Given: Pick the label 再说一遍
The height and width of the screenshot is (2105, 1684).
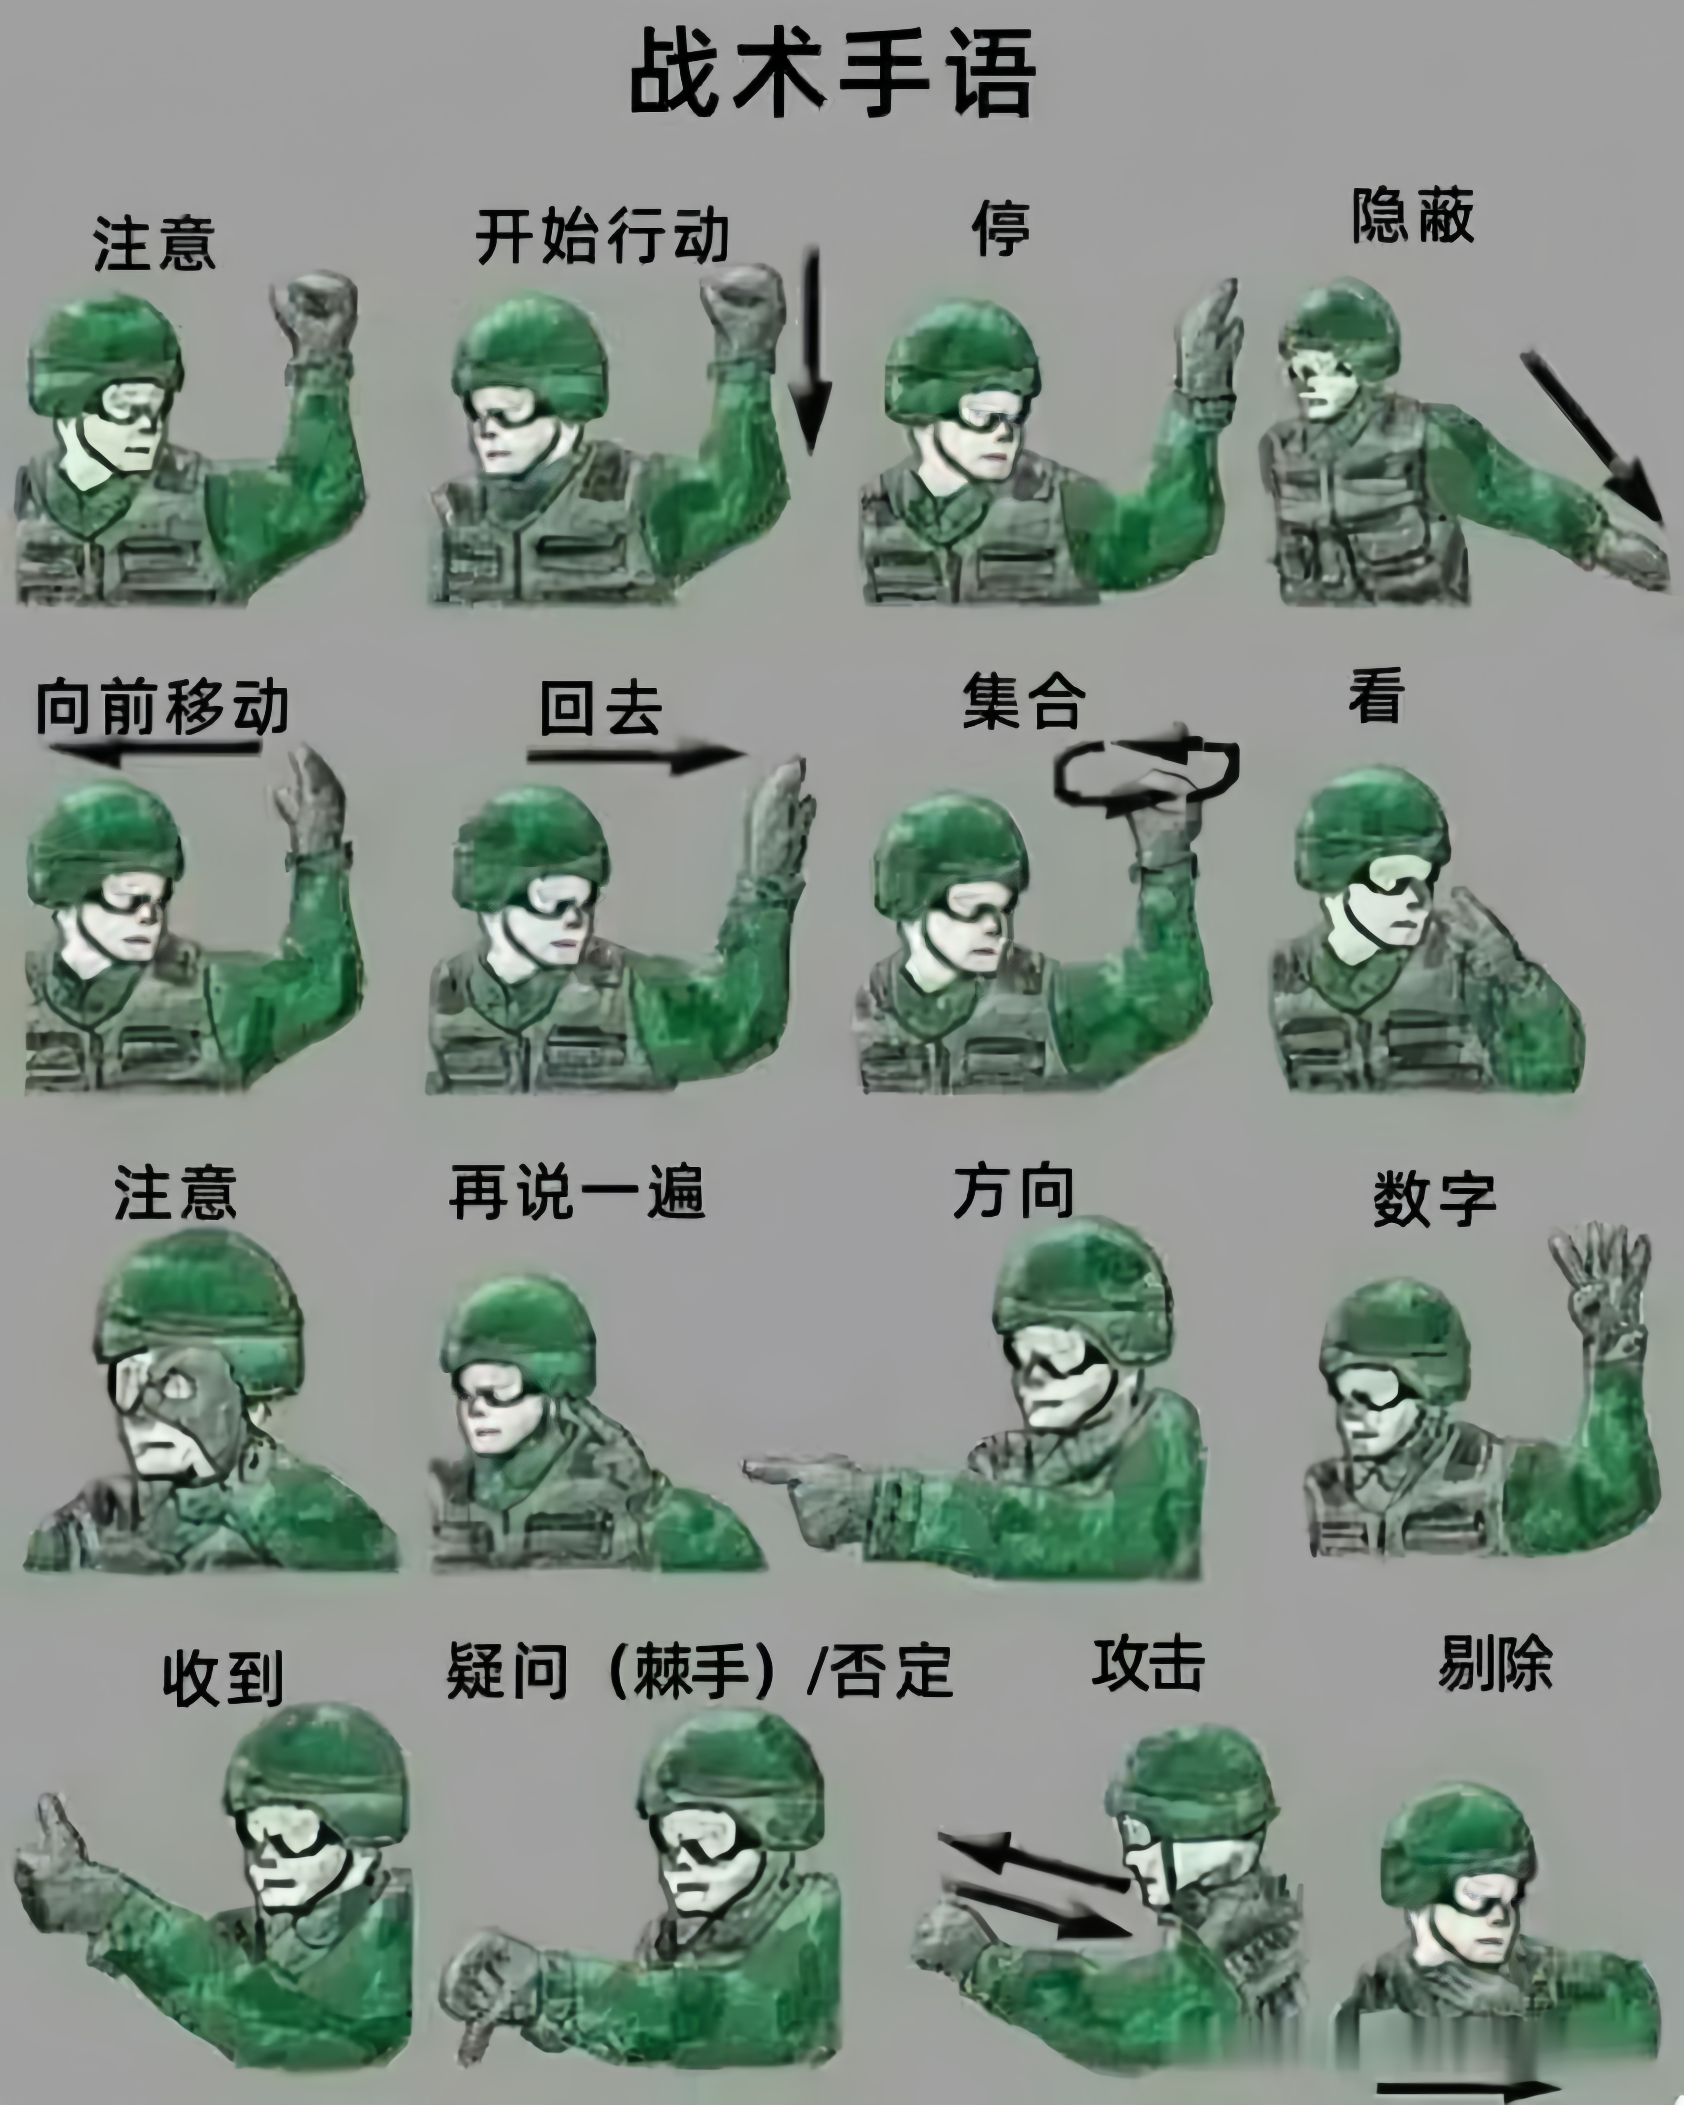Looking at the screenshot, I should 577,1192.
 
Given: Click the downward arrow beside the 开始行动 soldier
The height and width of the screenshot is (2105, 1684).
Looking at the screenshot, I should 810,352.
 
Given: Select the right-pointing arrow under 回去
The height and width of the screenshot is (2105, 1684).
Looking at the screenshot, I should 634,755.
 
